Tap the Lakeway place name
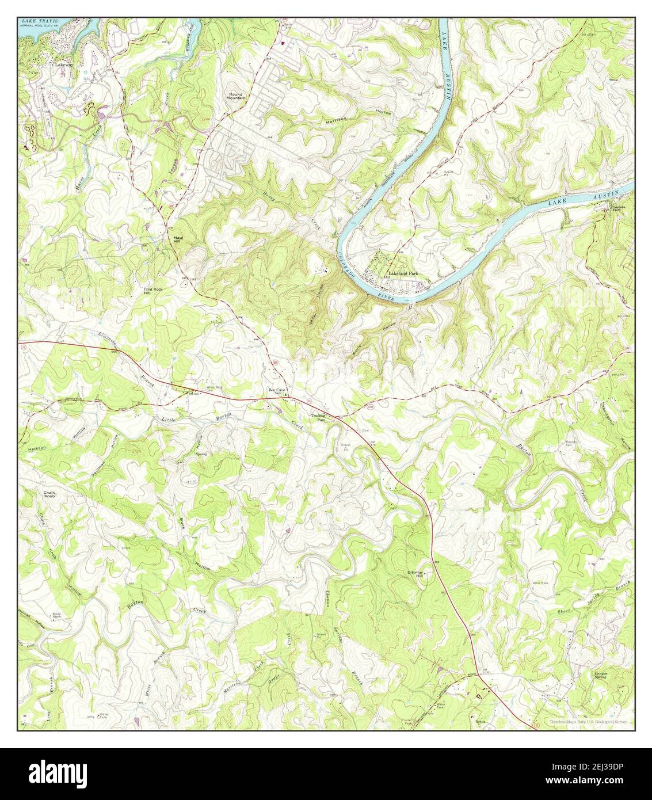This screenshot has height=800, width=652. click(62, 65)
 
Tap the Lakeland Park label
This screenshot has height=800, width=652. click(402, 274)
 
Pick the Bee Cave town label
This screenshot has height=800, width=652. click(277, 390)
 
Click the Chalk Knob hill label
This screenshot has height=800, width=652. click(49, 496)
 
